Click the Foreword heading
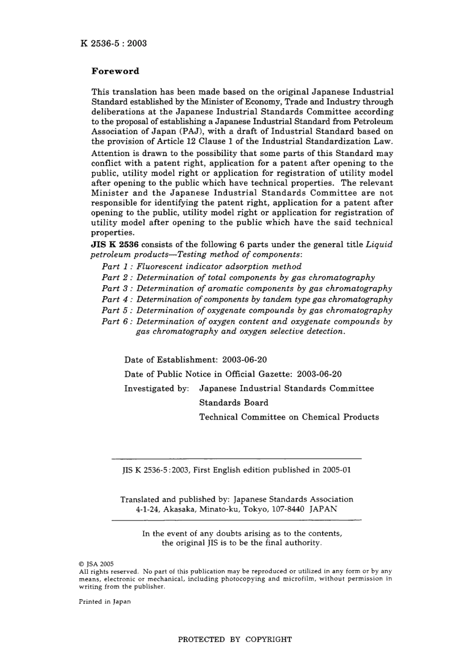(116, 71)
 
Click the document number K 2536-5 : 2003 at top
(114, 43)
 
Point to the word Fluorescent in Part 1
(158, 267)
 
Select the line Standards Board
(234, 403)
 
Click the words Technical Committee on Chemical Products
(289, 417)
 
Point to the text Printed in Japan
(105, 602)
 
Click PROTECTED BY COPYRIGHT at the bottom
(235, 640)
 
